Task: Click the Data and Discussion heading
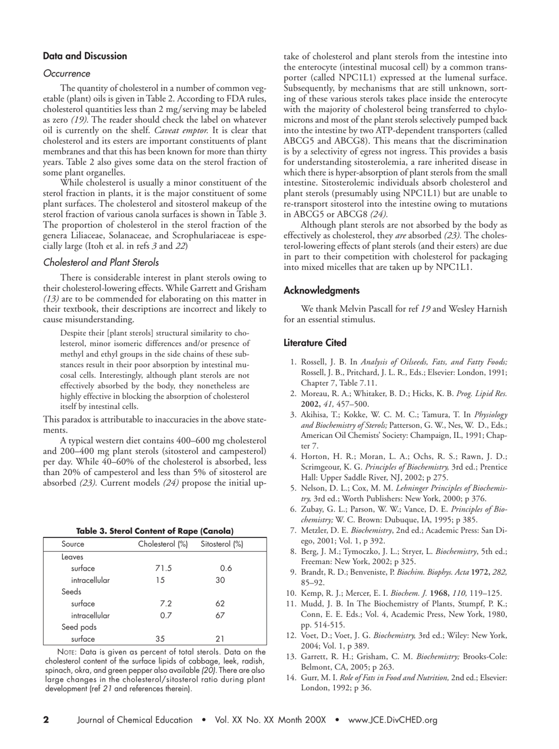tap(85, 56)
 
